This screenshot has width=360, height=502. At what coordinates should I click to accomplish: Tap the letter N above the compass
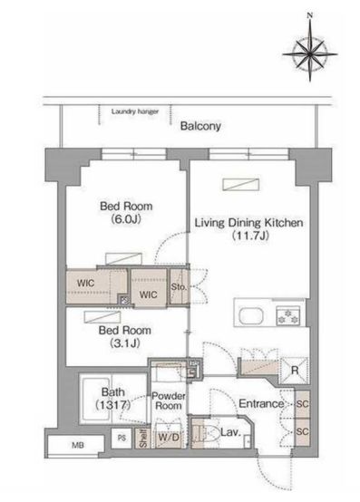[x=309, y=15]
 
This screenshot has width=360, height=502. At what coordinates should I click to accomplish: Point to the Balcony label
[x=200, y=126]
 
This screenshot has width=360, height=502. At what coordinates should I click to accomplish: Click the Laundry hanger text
[x=135, y=111]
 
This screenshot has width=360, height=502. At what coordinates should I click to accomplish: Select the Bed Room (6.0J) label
[x=126, y=213]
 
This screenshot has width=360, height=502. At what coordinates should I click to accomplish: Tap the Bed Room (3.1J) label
[x=124, y=336]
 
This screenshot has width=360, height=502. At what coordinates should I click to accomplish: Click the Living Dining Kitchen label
[x=248, y=229]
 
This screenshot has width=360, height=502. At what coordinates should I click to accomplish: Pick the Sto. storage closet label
[x=178, y=287]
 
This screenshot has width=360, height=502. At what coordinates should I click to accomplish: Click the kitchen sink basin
[x=251, y=315]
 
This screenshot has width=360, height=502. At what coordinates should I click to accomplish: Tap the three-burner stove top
[x=288, y=315]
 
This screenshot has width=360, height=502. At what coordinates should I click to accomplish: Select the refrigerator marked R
[x=294, y=371]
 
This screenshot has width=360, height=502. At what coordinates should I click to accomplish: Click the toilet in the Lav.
[x=207, y=432]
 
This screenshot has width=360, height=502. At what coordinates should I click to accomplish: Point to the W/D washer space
[x=169, y=436]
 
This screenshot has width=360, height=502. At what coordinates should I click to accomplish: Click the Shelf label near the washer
[x=143, y=439]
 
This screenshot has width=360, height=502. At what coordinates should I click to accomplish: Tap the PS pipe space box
[x=122, y=438]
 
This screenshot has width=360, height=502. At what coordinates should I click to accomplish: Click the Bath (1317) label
[x=113, y=399]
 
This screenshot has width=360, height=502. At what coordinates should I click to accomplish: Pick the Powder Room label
[x=169, y=401]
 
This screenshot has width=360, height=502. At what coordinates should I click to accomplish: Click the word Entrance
[x=261, y=404]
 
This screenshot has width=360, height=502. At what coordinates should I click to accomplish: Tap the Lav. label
[x=230, y=433]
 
